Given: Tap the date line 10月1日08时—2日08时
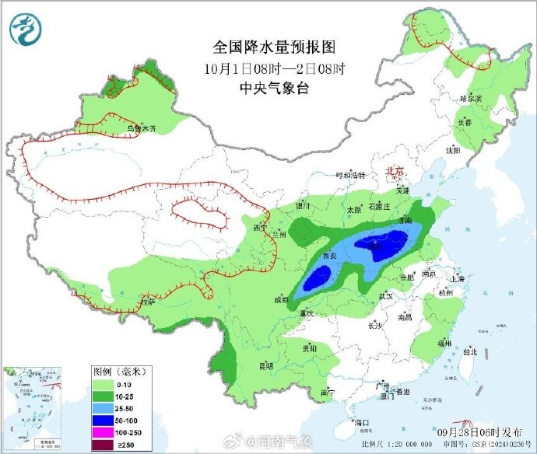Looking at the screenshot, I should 268,68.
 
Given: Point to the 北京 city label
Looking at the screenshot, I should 397,172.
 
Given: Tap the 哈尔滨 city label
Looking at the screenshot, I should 472,99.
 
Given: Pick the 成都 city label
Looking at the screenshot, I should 281,299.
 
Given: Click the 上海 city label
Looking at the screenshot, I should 458,278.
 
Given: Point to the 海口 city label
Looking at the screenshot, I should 361,422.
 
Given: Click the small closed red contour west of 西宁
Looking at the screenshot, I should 199,211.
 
